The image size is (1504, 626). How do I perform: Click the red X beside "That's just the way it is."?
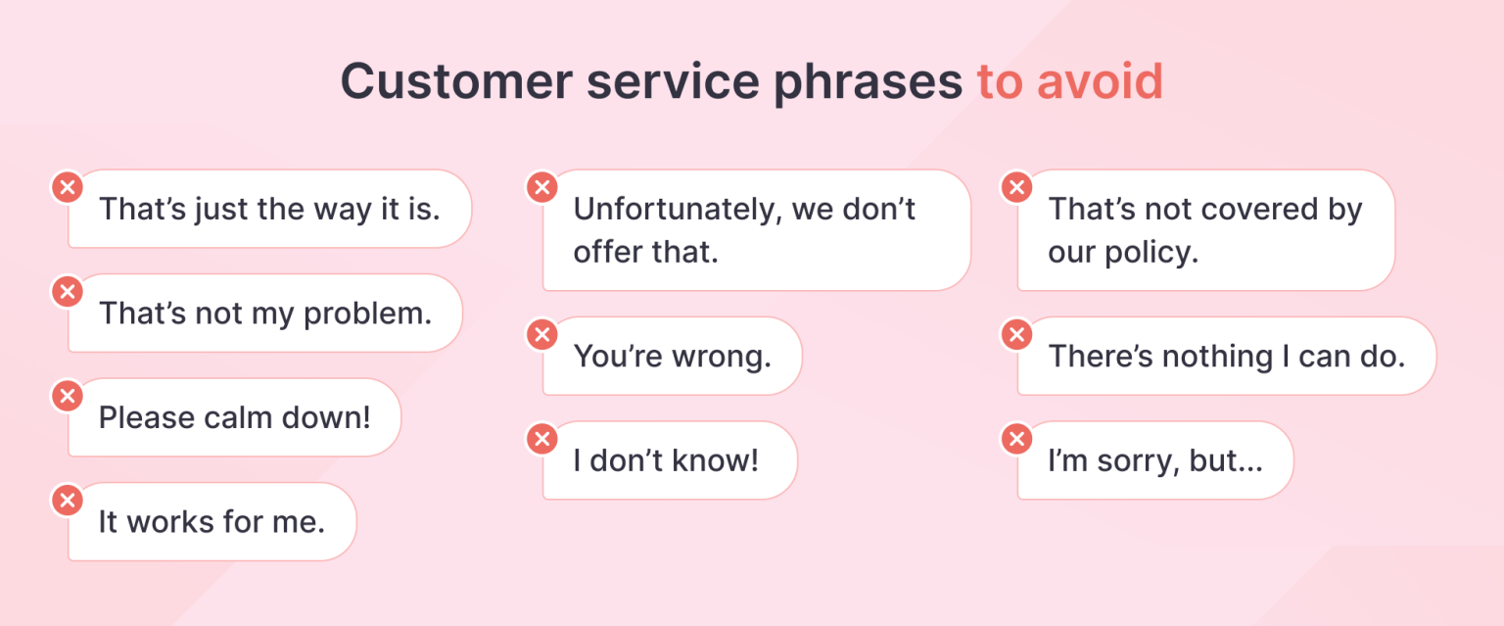(x=67, y=186)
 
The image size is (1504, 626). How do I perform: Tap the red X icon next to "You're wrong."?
(x=541, y=334)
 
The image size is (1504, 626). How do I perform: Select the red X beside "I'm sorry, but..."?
(x=1016, y=438)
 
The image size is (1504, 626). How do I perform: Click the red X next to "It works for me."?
(x=67, y=500)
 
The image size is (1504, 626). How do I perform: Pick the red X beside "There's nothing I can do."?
(x=1016, y=334)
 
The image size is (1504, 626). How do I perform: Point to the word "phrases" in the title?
(x=868, y=83)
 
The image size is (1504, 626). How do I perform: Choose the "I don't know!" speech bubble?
(x=668, y=460)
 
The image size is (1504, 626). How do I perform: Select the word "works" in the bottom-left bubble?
(x=168, y=522)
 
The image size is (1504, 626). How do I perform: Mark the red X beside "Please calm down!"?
(x=67, y=395)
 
